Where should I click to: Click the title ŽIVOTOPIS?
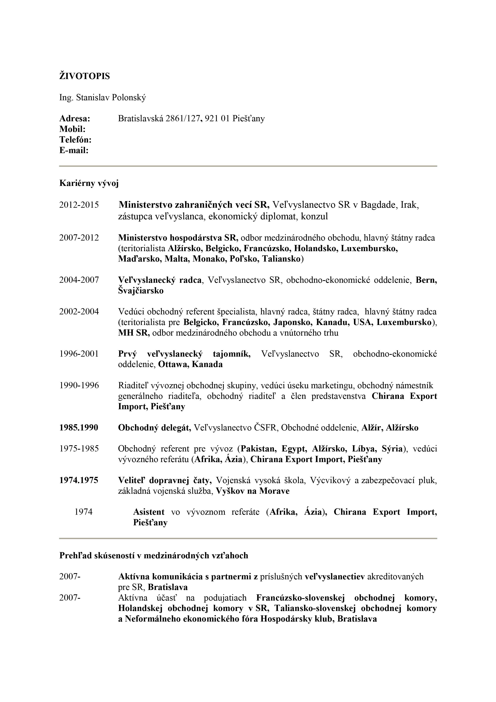click(84, 76)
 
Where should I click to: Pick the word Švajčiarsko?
click(141, 290)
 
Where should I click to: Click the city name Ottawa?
click(172, 364)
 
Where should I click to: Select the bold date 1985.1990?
click(79, 427)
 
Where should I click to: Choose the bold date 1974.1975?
click(79, 480)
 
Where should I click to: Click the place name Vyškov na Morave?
click(253, 491)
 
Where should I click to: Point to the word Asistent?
click(149, 512)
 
